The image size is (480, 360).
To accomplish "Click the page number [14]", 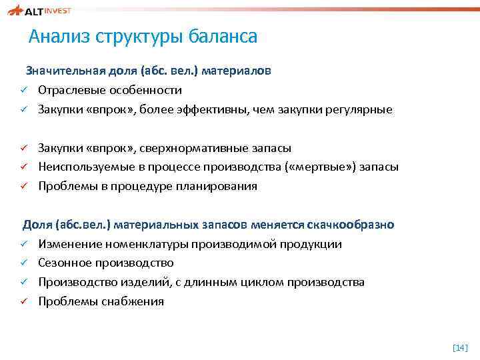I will click(460, 347).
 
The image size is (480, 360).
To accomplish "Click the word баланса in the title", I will click(223, 37).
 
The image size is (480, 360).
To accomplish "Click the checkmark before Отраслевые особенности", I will click(22, 90).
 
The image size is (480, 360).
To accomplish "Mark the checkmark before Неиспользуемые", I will click(22, 167).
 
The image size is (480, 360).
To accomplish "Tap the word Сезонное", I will click(65, 263).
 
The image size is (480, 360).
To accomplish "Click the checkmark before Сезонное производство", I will click(22, 263).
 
